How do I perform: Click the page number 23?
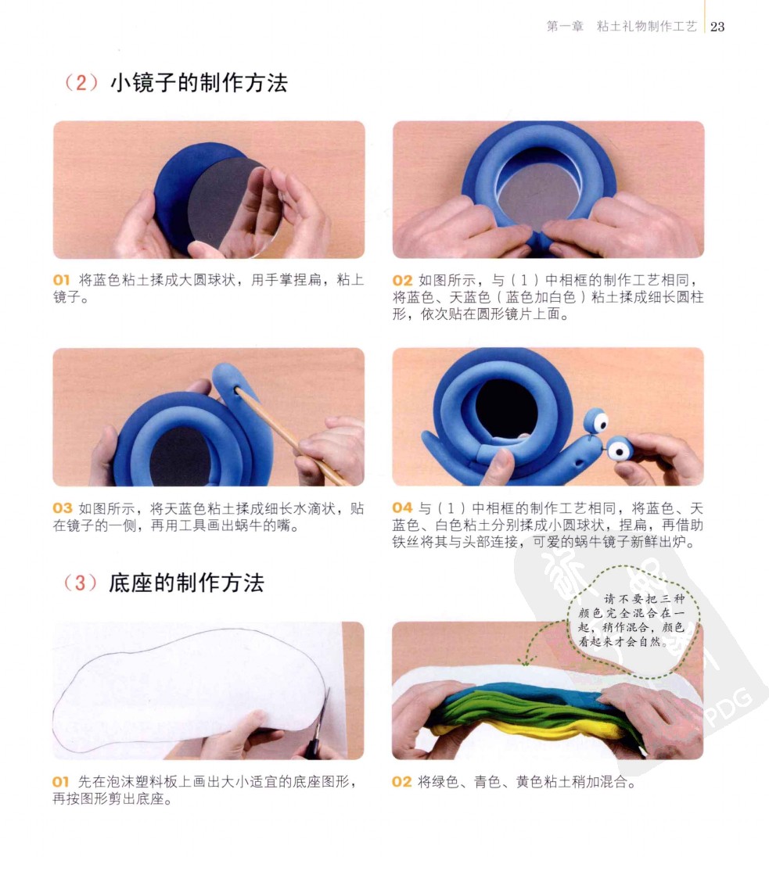(717, 27)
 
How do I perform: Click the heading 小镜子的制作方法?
(199, 83)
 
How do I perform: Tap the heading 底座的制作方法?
(186, 583)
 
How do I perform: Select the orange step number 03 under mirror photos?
(63, 508)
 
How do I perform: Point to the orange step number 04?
(402, 507)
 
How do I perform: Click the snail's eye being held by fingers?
(619, 450)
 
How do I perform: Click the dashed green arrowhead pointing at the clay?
(526, 662)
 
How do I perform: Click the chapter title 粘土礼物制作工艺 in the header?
(646, 27)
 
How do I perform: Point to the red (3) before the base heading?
(81, 583)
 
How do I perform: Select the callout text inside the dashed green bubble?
(632, 620)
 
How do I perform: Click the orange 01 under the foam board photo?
(61, 782)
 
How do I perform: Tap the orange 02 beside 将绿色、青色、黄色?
(401, 782)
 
